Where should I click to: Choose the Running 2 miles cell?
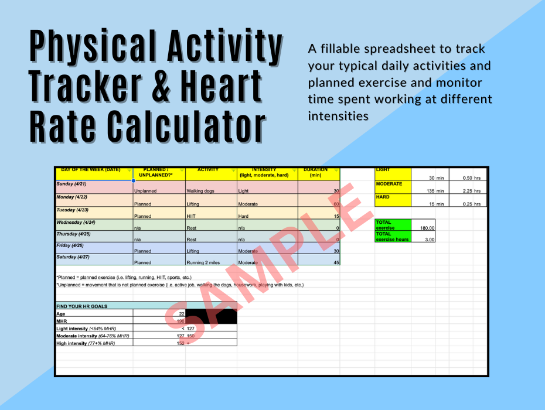click(x=203, y=262)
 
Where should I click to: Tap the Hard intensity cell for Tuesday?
click(x=243, y=216)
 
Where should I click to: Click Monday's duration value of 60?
click(x=336, y=204)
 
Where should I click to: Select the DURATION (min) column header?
click(x=316, y=173)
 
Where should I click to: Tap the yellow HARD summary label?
click(x=383, y=197)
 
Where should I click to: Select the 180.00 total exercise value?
click(x=426, y=227)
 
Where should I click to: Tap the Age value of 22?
click(x=181, y=314)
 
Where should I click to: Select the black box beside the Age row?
click(x=212, y=317)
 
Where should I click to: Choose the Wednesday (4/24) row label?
click(x=76, y=223)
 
